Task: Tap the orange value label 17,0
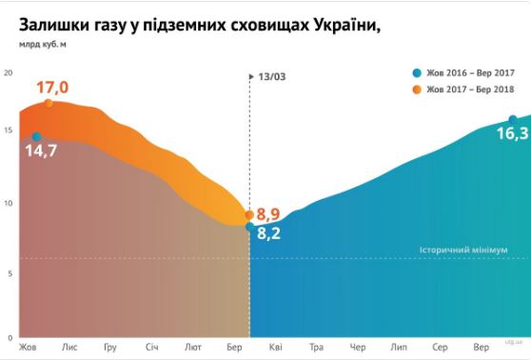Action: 52,88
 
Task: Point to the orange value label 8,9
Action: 268,213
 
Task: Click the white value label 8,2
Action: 268,231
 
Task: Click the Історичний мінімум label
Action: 463,250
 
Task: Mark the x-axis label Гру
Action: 110,347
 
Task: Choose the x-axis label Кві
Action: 275,347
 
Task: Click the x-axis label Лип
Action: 399,347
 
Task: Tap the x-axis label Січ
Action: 151,347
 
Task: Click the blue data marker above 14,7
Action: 37,137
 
